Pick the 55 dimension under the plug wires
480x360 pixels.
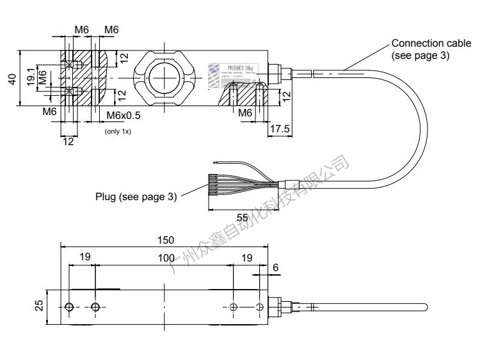[x=243, y=217]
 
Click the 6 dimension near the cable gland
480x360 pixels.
[x=275, y=267]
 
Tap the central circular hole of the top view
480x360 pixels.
[x=165, y=78]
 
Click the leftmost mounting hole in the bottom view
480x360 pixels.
[x=70, y=308]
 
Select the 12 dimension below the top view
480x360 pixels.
[x=68, y=141]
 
